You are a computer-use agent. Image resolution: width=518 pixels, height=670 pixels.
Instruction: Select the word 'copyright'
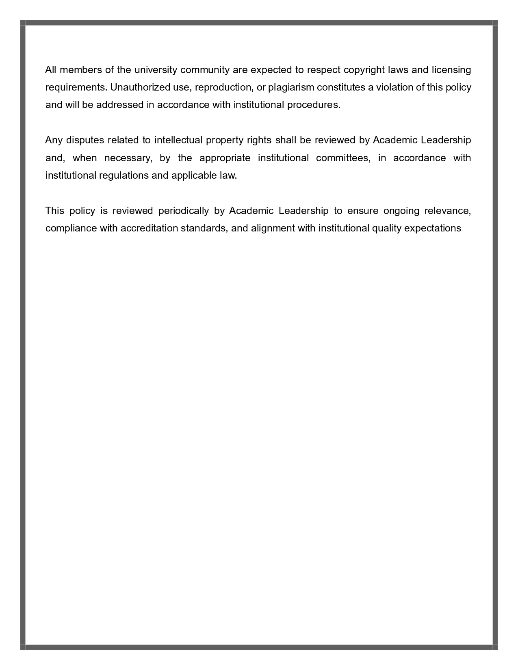tap(364, 70)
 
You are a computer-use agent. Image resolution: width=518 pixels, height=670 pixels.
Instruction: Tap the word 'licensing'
tap(451, 70)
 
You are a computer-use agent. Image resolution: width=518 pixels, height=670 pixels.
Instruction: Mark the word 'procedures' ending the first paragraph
tap(313, 105)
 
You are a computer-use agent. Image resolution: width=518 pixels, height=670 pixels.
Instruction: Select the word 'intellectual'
tap(178, 140)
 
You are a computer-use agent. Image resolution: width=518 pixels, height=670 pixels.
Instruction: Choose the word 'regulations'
tap(124, 175)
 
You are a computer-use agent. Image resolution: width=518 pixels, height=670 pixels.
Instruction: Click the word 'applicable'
tap(192, 175)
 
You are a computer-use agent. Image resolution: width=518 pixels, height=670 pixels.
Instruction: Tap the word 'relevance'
tap(447, 211)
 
